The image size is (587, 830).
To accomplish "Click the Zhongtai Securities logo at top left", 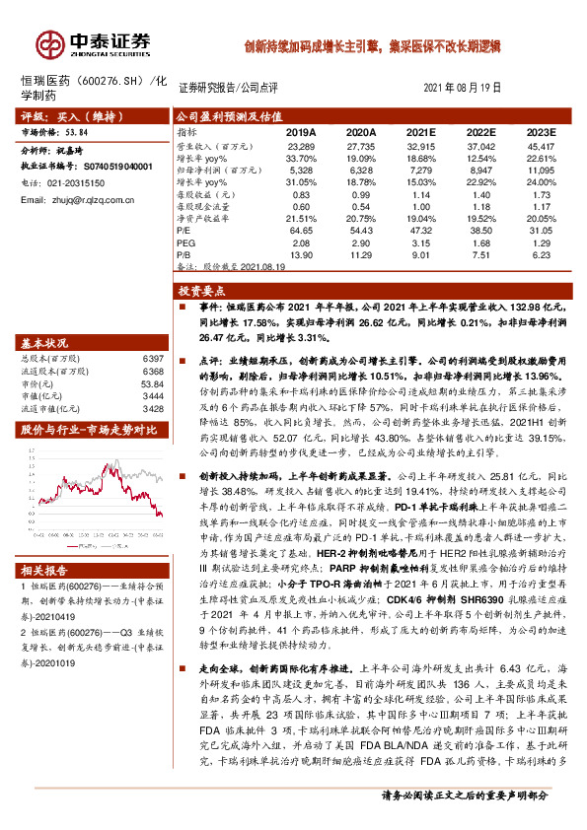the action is [x=94, y=42].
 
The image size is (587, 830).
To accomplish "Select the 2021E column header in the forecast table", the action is [x=419, y=131].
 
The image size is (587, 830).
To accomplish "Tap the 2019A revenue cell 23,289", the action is [x=301, y=145].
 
